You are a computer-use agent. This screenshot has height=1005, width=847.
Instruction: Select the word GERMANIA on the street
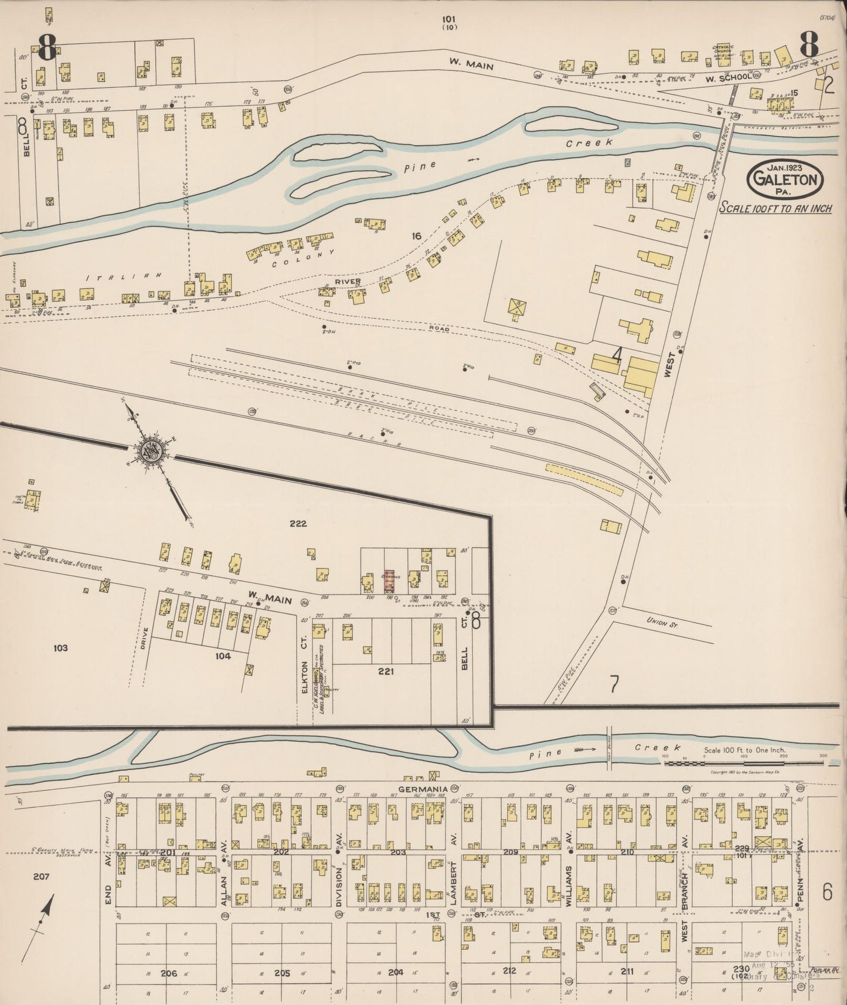tap(423, 789)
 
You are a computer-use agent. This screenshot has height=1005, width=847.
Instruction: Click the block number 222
tap(298, 524)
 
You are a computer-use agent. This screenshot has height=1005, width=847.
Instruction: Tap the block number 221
tap(385, 671)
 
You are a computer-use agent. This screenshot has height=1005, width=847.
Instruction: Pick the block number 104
tap(223, 656)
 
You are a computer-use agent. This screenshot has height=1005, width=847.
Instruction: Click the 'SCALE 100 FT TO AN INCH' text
tap(775, 208)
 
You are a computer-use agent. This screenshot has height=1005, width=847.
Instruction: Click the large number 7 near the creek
tap(614, 684)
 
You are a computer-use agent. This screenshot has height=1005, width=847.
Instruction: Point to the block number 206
tap(169, 973)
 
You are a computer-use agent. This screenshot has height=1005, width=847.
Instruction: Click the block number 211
tap(627, 972)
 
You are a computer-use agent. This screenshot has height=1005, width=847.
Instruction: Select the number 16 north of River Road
tap(416, 236)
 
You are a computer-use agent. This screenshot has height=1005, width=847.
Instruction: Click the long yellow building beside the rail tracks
tap(584, 480)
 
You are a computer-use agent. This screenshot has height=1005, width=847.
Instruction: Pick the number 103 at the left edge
tap(60, 648)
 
